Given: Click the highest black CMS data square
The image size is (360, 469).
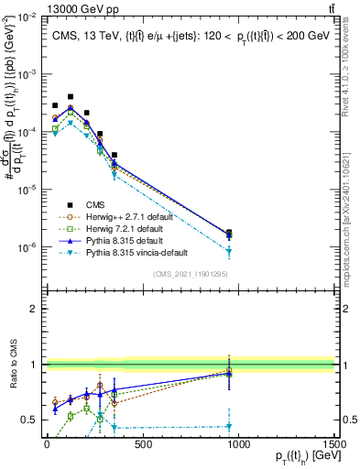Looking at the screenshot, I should (71, 96).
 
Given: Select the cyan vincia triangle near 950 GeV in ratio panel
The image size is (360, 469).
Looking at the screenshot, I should (229, 426).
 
